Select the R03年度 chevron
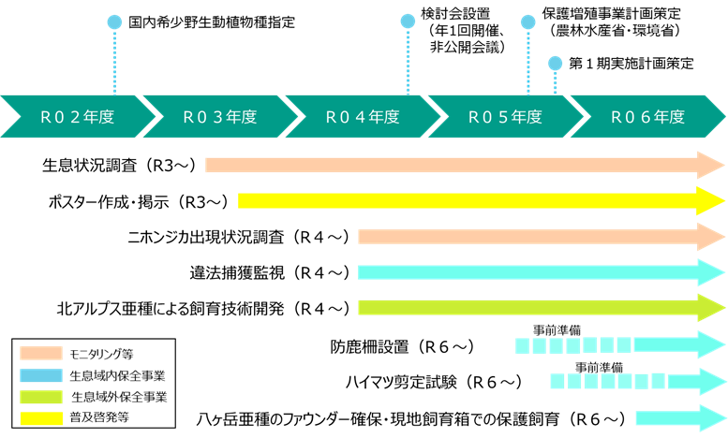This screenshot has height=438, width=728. tap(219, 117)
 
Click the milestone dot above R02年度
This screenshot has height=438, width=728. tap(114, 22)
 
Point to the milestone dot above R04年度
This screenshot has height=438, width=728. tap(408, 21)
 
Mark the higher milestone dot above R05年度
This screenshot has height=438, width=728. tap(527, 22)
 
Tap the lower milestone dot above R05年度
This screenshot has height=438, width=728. tap(555, 63)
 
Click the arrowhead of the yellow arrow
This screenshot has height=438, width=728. tap(710, 200)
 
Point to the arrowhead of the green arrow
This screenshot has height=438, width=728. tap(710, 307)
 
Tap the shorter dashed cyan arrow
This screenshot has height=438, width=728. tap(637, 381)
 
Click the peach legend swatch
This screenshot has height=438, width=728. tap(41, 353)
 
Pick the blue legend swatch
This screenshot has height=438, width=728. tap(41, 375)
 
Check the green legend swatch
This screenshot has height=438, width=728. tap(41, 397)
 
